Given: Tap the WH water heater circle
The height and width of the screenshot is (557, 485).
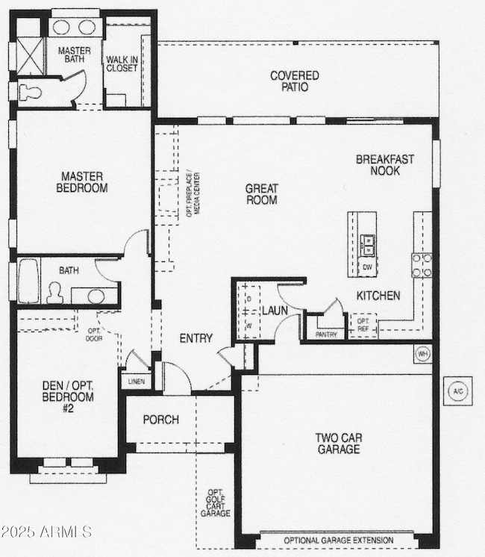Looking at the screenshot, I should (x=422, y=352).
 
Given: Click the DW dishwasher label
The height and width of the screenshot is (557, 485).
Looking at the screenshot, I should (x=367, y=266).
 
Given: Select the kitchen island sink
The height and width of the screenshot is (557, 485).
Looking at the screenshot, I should (x=367, y=242).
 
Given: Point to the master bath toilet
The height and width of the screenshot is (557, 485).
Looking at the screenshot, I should (x=29, y=91).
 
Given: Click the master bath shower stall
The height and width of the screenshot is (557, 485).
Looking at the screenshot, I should (x=29, y=52).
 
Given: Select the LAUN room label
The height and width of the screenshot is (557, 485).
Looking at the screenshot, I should (x=270, y=310).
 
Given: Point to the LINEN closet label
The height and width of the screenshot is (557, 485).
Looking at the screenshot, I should (x=137, y=382).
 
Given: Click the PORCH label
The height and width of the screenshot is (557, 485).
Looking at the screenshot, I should (x=161, y=420).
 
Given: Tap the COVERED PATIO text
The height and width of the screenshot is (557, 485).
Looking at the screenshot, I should (x=295, y=81).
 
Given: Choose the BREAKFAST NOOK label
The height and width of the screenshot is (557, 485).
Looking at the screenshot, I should (x=384, y=164).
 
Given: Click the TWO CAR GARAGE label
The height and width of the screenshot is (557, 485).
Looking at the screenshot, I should (x=338, y=443).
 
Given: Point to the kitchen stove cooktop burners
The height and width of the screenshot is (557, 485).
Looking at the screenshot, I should (x=422, y=264).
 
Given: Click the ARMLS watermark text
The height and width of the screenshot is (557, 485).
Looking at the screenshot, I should (x=46, y=532).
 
